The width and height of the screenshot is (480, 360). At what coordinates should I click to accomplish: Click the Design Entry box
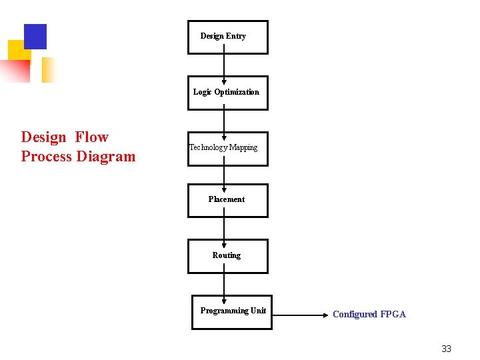click(x=227, y=37)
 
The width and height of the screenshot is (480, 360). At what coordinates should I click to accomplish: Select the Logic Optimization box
click(x=227, y=93)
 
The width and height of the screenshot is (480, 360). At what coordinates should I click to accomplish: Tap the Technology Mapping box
click(x=227, y=148)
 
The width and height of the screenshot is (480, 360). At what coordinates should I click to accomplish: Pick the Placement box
click(x=227, y=200)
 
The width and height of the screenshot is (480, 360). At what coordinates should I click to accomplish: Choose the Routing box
click(x=227, y=256)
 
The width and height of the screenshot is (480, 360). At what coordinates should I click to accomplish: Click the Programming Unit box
click(x=231, y=312)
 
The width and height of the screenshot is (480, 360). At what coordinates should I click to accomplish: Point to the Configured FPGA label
click(x=369, y=314)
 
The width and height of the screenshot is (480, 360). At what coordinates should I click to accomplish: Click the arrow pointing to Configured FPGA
click(x=299, y=314)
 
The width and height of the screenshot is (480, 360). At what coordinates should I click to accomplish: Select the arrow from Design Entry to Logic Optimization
click(x=224, y=65)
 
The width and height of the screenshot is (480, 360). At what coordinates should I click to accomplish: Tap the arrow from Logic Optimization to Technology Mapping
click(x=224, y=121)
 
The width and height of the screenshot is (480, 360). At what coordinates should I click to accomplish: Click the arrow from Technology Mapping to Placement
click(x=224, y=175)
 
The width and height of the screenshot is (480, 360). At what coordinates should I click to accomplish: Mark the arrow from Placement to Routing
click(x=224, y=229)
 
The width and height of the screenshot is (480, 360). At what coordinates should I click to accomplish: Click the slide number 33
click(x=446, y=349)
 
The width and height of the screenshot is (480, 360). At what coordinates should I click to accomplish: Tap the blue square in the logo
click(x=35, y=36)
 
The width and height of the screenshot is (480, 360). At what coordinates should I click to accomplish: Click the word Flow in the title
click(x=91, y=137)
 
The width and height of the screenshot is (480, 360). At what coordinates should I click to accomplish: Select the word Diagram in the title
click(x=106, y=157)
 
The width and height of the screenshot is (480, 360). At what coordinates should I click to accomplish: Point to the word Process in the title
click(x=46, y=157)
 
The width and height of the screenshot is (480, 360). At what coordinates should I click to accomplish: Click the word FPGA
click(x=393, y=314)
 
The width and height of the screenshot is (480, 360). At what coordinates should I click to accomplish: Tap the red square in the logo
click(x=16, y=70)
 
